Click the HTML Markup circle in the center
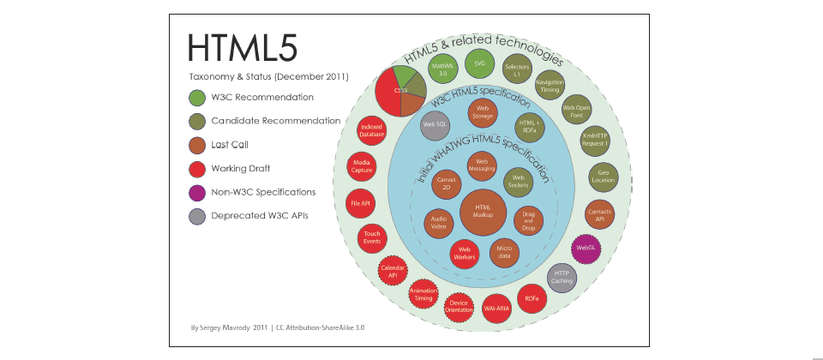tap(484, 212)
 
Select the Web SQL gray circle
tap(435, 125)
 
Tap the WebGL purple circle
tap(586, 249)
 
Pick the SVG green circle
tap(480, 63)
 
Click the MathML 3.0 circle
tap(441, 69)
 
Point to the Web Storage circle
tap(482, 111)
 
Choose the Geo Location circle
tap(603, 176)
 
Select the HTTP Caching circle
tap(562, 277)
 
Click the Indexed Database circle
tap(372, 130)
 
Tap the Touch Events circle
tap(372, 237)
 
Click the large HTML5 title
tap(243, 50)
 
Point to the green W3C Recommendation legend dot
tap(196, 98)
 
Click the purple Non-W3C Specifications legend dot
tap(196, 193)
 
